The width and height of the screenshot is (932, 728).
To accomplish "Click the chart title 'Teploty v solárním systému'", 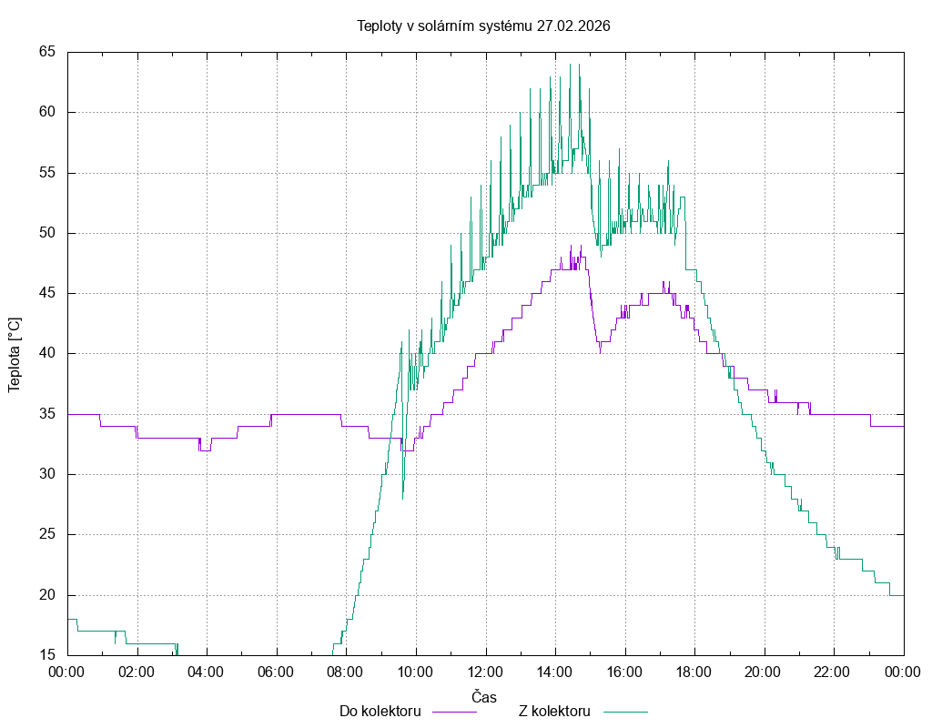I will (x=444, y=25).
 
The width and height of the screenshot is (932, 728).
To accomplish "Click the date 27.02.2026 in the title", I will (x=573, y=25).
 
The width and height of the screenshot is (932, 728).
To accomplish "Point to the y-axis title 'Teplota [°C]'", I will (x=14, y=355).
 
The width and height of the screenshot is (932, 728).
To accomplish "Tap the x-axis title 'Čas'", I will (x=484, y=697).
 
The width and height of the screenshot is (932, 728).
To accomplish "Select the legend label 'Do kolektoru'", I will (x=380, y=711).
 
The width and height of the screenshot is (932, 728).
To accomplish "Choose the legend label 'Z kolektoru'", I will (x=554, y=711).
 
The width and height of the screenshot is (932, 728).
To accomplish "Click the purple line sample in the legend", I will (x=453, y=711).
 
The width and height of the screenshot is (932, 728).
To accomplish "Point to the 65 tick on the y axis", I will (x=48, y=52).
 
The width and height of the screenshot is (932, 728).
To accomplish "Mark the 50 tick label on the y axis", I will (x=48, y=233).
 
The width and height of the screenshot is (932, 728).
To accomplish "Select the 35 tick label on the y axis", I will (x=48, y=414).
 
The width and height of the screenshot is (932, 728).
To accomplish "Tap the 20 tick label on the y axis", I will (x=48, y=595).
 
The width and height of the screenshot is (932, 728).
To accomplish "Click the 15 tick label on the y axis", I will (x=48, y=655).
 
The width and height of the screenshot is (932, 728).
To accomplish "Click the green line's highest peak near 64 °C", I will (x=571, y=65).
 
